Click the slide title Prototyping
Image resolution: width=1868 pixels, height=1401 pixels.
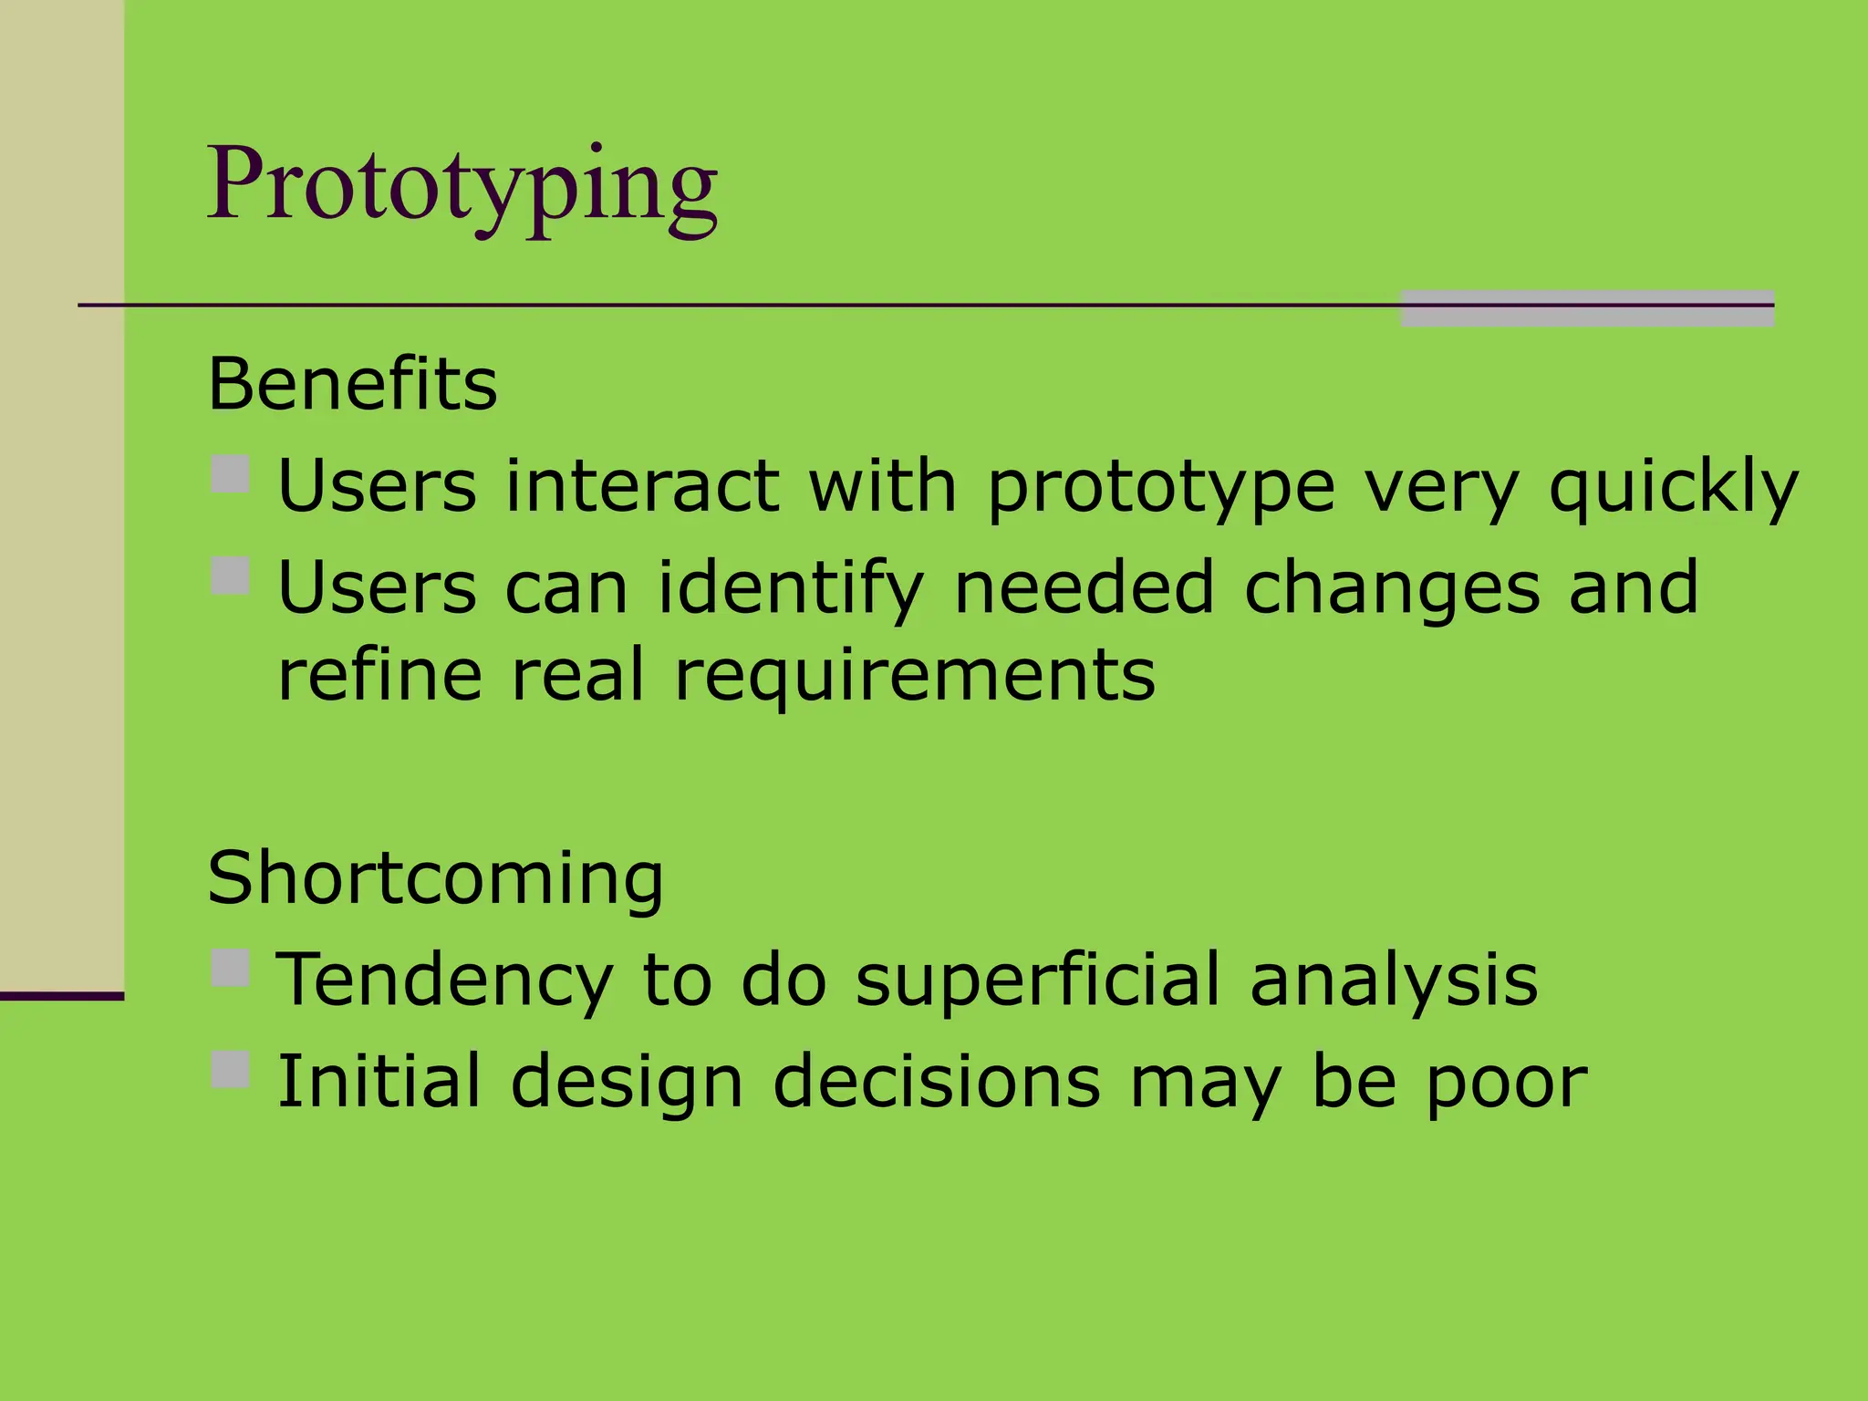click(462, 187)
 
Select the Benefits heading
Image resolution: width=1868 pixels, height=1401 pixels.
click(352, 384)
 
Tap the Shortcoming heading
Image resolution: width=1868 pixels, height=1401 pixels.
click(435, 877)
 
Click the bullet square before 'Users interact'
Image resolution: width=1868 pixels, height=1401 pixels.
click(230, 474)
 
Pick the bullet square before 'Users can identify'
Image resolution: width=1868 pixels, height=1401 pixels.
click(230, 576)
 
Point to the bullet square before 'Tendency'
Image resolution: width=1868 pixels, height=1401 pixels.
click(230, 968)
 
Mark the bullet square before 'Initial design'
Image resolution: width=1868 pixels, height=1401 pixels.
click(230, 1069)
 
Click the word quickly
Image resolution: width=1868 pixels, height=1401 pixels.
click(1673, 487)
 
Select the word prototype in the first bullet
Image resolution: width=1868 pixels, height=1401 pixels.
click(1161, 487)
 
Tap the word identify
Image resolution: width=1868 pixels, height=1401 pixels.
click(790, 588)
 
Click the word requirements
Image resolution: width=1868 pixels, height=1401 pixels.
click(914, 676)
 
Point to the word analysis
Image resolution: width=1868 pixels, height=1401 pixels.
click(1393, 980)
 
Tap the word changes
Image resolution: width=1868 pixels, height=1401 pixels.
click(1391, 588)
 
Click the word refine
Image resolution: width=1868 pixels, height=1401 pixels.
click(379, 676)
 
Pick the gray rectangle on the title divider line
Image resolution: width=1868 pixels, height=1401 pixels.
click(1586, 308)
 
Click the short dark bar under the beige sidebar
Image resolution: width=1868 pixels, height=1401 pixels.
click(61, 996)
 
